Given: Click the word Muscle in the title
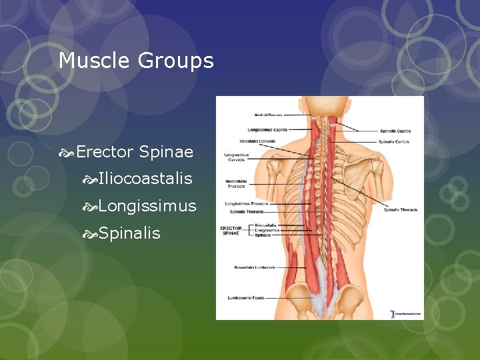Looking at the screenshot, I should (95, 61).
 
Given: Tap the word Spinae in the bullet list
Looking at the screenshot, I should (166, 153).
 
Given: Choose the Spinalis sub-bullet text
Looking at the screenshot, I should (129, 233).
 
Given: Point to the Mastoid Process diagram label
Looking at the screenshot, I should (267, 115).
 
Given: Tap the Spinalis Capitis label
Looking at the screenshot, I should (395, 131).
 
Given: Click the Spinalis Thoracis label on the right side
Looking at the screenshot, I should (401, 210).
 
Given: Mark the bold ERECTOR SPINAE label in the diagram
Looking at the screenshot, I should (231, 231).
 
